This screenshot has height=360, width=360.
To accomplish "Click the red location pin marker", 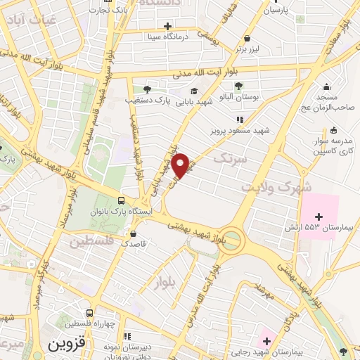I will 181,165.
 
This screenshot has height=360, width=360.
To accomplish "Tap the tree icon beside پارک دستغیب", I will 146,89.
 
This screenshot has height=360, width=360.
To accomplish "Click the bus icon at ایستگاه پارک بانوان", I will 122,199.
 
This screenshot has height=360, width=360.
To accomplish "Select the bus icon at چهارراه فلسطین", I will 89,314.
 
